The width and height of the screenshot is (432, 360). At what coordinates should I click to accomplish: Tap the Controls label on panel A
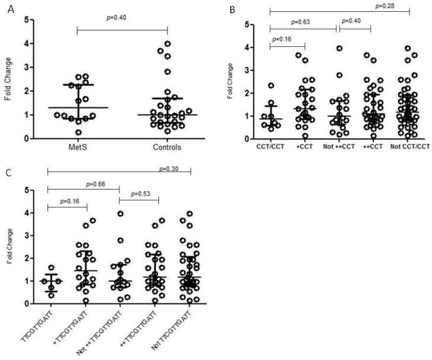pyautogui.click(x=167, y=147)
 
